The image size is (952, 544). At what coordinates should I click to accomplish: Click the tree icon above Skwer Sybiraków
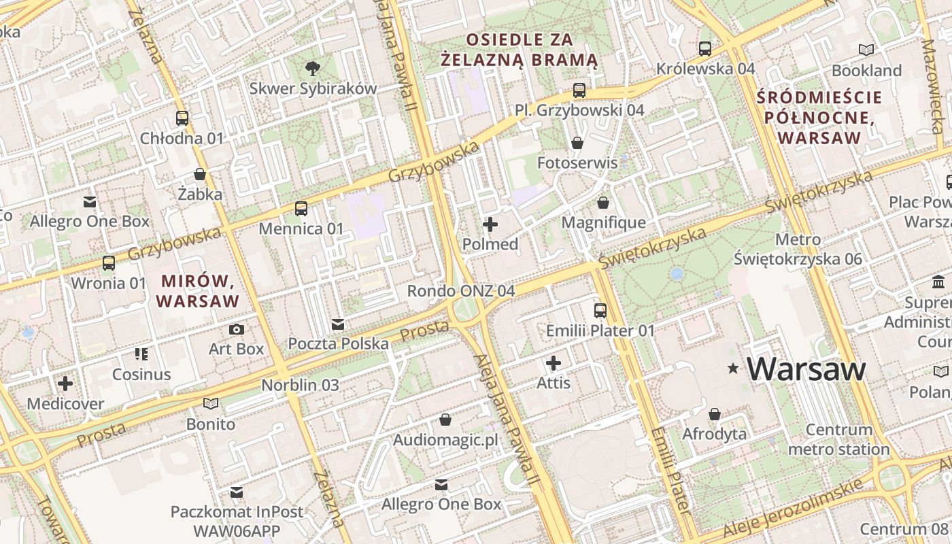tap(313, 67)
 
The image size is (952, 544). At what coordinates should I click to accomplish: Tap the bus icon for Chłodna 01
tap(182, 118)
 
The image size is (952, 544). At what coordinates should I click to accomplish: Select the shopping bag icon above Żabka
tap(200, 174)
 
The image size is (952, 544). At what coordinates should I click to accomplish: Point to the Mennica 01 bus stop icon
tap(301, 209)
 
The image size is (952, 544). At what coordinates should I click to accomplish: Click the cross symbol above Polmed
tap(490, 224)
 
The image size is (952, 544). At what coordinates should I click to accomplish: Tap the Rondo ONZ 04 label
tap(460, 291)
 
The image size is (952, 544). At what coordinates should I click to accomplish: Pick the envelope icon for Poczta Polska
tap(338, 324)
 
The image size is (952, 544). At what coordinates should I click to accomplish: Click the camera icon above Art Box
tap(236, 330)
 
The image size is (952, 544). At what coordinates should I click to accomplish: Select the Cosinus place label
tap(141, 374)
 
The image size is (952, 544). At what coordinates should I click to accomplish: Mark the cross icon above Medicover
tap(65, 384)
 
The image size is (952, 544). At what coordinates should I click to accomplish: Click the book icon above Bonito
tap(211, 404)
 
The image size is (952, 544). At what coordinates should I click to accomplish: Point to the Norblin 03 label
tap(300, 385)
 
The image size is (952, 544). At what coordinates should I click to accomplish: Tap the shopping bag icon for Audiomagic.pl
tap(445, 420)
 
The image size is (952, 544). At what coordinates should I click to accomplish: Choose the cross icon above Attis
tap(554, 363)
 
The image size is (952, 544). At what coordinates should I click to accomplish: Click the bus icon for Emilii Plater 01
tap(600, 311)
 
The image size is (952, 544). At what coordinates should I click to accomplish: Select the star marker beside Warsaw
tap(733, 369)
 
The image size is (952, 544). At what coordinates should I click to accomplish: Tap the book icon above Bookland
tap(866, 50)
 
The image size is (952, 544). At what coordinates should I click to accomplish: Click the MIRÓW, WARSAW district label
tap(198, 290)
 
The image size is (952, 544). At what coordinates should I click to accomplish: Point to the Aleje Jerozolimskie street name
tap(792, 509)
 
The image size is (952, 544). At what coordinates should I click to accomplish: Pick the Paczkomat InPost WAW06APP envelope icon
tap(237, 491)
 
